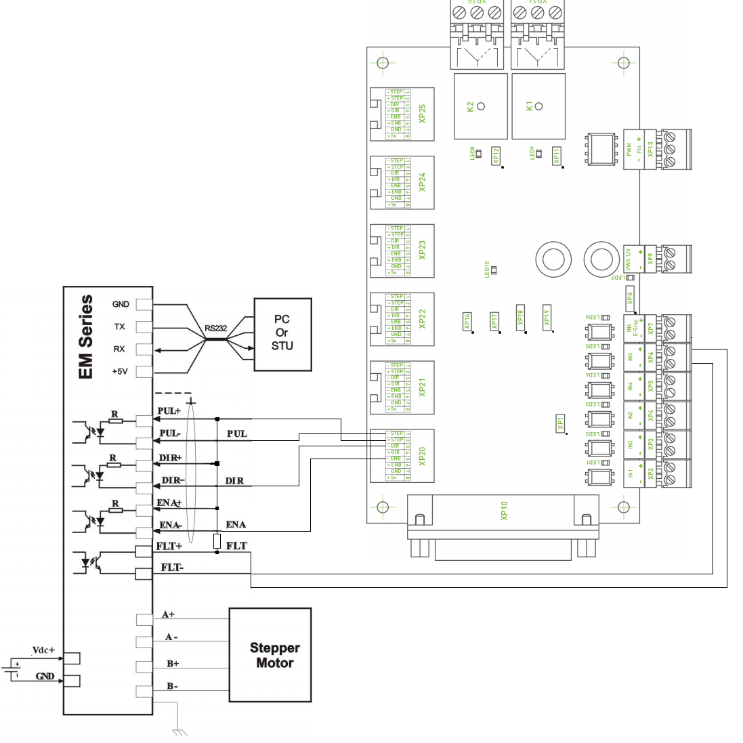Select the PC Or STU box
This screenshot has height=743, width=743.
282,333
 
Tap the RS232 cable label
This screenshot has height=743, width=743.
216,328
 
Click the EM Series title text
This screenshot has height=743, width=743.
86,337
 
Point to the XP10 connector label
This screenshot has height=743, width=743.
505,511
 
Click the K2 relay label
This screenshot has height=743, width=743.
471,106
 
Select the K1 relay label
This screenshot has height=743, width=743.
530,106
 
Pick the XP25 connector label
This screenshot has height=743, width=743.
423,113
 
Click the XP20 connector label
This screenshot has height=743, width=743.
423,456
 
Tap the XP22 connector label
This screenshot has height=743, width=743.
423,318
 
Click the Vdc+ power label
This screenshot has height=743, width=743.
43,650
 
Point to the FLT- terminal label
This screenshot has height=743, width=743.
172,568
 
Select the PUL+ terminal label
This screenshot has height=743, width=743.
169,411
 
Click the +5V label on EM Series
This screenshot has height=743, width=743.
119,371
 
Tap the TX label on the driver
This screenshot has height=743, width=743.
119,326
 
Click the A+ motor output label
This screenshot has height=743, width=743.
169,614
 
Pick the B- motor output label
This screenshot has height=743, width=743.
172,686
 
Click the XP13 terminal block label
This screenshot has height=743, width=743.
650,149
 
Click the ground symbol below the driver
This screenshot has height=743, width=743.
179,731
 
